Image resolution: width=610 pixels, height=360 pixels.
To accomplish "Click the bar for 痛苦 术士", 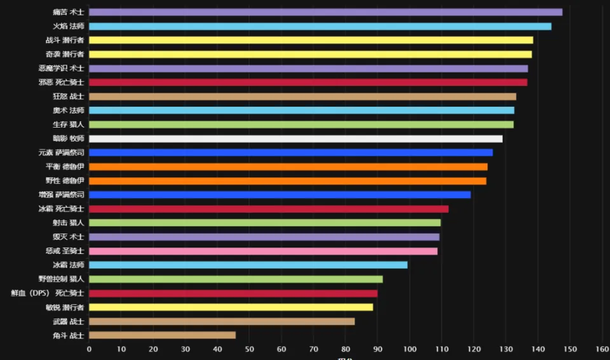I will pos(325,12).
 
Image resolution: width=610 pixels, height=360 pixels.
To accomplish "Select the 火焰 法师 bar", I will pos(320,26).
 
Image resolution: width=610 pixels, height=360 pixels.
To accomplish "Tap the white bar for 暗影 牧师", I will pos(295,138).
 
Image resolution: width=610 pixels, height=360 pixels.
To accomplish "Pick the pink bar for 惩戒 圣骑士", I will pos(263,251).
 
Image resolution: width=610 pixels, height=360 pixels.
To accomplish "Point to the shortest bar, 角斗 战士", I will pos(162,335).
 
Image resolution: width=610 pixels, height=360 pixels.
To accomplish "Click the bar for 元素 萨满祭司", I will pos(290,152).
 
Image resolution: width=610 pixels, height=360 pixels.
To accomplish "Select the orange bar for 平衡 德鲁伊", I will pos(288,166).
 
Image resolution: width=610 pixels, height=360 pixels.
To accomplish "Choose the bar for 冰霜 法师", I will pos(248,265).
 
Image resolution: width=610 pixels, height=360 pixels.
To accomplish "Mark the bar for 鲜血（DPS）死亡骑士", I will pos(233,293).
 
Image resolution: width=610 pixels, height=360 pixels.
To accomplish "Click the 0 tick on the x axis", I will pos(89,349).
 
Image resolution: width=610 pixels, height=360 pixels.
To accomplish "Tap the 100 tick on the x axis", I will pos(409,349).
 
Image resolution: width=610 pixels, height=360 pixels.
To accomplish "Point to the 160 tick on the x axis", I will pos(602,349).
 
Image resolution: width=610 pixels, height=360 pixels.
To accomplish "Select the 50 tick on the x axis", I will pos(249,349).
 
